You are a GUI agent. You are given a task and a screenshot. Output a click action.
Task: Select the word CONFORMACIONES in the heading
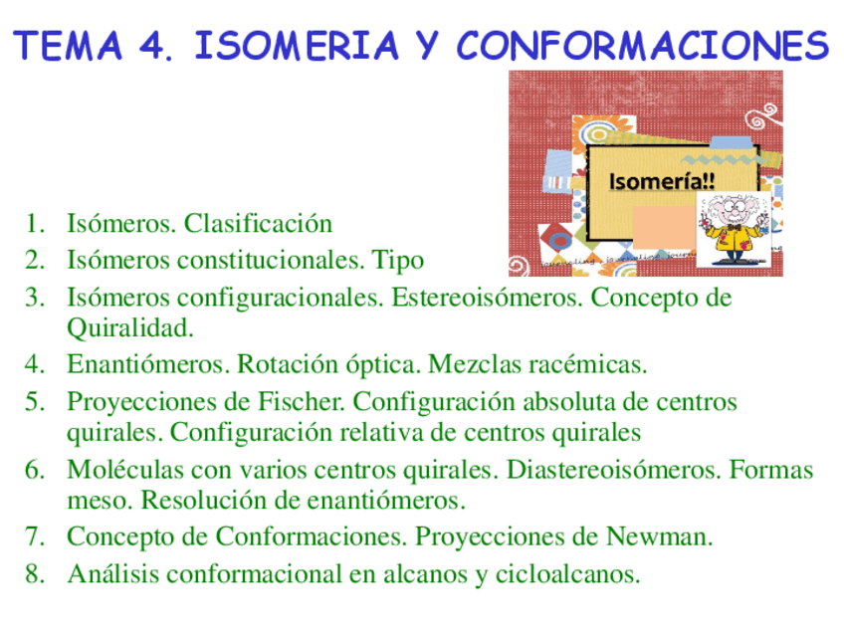[643, 47]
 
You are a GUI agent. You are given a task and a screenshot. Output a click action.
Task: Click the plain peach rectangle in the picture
[661, 226]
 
